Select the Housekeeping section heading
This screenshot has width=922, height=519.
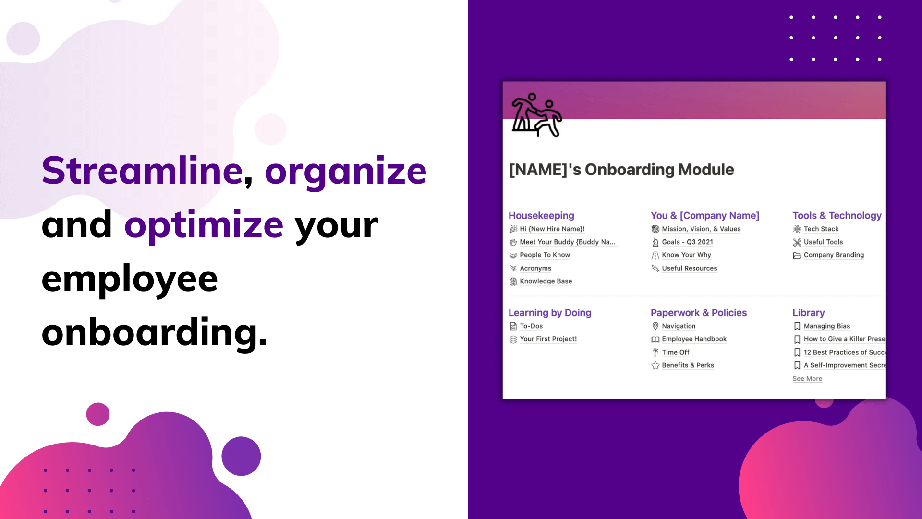coord(541,216)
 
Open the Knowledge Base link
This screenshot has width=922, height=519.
coord(546,281)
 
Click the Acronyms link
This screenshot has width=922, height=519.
coord(535,268)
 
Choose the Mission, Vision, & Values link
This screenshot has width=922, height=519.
coord(701,229)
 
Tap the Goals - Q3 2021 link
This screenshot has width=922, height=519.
coord(687,242)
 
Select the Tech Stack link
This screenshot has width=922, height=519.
coord(821,229)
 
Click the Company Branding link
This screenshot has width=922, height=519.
coord(834,255)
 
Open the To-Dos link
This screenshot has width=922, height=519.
coord(531,326)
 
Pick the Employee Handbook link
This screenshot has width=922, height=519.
coord(694,339)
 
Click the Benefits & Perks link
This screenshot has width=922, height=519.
coord(688,365)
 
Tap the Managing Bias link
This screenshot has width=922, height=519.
coord(826,326)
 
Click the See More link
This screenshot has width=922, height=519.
coord(807,379)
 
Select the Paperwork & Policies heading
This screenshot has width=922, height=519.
coord(699,313)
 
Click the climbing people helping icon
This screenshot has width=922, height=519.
coord(536,115)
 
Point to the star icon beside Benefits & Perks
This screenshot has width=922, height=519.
coord(655,365)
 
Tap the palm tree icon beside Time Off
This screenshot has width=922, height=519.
coord(655,352)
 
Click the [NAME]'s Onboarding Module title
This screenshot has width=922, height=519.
coord(621,170)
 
